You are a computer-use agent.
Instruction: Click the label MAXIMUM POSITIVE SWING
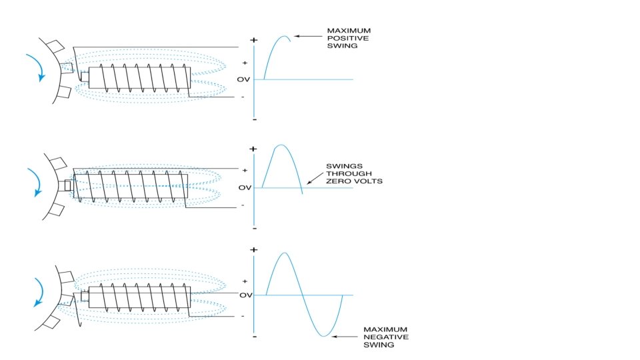[348, 39]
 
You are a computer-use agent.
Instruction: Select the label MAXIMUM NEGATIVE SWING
[383, 337]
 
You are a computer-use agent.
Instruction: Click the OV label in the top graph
[243, 79]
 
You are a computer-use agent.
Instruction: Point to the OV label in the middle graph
[245, 187]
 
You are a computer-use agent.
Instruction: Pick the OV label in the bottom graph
[245, 295]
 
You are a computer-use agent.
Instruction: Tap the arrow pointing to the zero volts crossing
[315, 178]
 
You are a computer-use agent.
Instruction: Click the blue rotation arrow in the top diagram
[41, 67]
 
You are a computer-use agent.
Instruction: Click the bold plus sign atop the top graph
[254, 39]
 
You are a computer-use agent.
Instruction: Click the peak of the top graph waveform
[285, 37]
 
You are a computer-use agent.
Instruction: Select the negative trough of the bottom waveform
[324, 336]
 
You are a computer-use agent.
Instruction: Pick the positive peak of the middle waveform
[281, 145]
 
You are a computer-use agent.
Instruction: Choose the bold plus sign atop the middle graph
[254, 148]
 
